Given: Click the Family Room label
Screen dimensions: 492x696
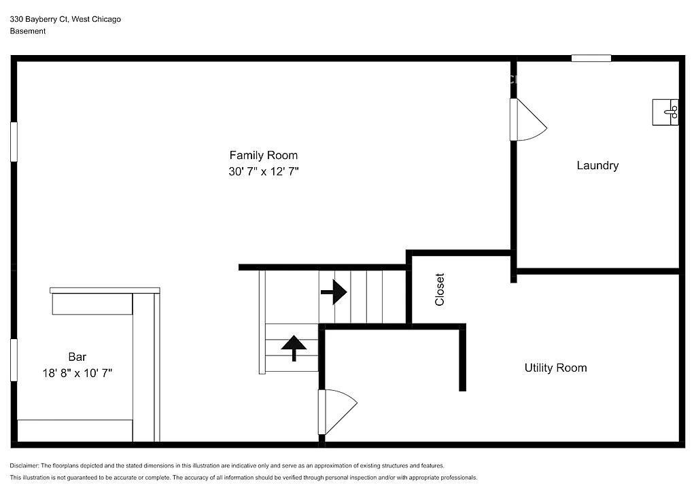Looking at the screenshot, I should [263, 156].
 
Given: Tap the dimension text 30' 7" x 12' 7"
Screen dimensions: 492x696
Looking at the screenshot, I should [263, 173].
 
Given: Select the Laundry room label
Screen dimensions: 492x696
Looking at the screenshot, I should [597, 165].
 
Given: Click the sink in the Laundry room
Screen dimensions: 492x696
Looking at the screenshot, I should [665, 112].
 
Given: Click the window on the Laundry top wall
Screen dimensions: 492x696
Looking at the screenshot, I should [591, 58].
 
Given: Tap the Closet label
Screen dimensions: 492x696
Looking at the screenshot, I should [440, 289].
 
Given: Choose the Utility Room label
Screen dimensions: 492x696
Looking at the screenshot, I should [555, 368].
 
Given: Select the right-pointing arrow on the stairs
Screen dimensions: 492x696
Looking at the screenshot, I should [334, 292].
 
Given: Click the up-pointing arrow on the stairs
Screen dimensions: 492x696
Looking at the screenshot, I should [294, 347].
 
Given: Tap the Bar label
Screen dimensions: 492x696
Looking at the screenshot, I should [77, 357].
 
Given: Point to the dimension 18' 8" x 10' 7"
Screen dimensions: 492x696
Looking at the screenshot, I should [77, 373].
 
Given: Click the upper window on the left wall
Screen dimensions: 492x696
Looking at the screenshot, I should [14, 142].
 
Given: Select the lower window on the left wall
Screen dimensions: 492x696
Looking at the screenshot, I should [14, 360].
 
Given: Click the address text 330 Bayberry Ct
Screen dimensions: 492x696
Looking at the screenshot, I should [40, 20].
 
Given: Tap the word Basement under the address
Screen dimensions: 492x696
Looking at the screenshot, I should [28, 31].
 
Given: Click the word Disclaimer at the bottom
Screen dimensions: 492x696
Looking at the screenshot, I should [24, 465].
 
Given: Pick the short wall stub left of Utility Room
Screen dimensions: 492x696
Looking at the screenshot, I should [462, 358].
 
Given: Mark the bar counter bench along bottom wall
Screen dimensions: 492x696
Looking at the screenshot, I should [75, 430].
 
